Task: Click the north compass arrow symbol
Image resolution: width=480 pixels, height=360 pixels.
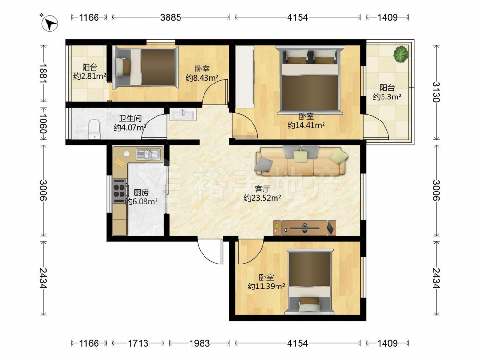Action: click(49, 23)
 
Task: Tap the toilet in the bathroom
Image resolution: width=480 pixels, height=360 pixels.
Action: click(94, 129)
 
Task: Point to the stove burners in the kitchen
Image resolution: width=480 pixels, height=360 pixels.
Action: click(120, 191)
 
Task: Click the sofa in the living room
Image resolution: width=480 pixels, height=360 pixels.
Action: click(302, 161)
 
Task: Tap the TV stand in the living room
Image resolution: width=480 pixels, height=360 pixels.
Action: click(305, 228)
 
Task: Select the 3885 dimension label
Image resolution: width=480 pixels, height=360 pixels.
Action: click(171, 17)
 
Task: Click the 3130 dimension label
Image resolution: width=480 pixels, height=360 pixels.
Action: click(436, 92)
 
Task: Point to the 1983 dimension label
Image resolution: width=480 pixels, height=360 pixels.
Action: click(200, 343)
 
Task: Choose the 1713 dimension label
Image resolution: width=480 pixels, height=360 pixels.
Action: click(138, 343)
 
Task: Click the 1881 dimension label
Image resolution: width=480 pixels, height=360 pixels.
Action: click(43, 73)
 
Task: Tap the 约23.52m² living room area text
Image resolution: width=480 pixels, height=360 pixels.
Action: click(263, 198)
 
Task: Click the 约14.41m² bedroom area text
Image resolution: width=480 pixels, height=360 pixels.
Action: click(306, 125)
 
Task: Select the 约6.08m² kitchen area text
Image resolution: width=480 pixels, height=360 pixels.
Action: click(142, 201)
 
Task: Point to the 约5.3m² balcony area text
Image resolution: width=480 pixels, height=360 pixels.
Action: click(387, 97)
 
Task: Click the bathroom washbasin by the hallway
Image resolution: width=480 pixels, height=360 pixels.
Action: click(183, 115)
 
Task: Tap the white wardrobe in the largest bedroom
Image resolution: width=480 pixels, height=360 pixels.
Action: click(245, 76)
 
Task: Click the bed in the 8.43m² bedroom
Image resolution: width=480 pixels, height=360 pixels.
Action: click(145, 67)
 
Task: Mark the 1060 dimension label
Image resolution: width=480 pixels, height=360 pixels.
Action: click(43, 124)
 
